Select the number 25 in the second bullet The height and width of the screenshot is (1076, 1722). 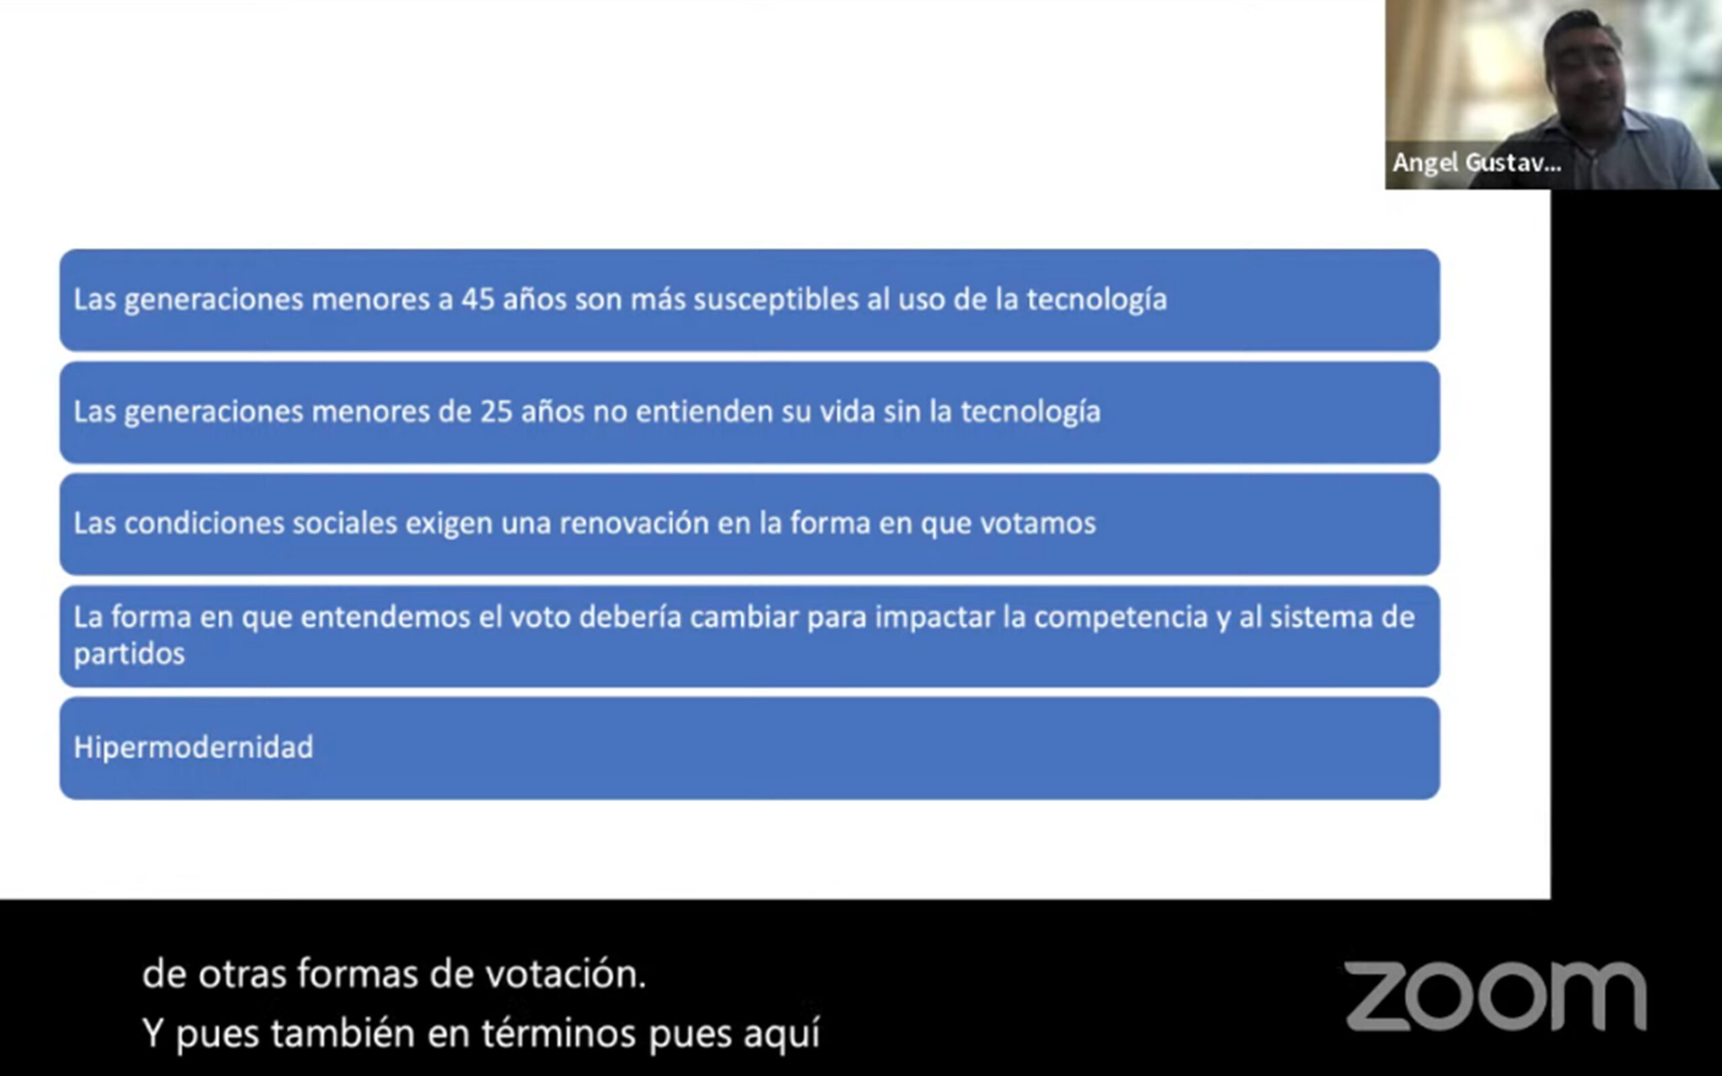tap(496, 412)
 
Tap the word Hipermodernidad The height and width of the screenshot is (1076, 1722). tap(194, 748)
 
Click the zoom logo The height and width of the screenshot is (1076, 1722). tap(1496, 996)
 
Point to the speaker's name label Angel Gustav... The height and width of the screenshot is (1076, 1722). tap(1476, 163)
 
